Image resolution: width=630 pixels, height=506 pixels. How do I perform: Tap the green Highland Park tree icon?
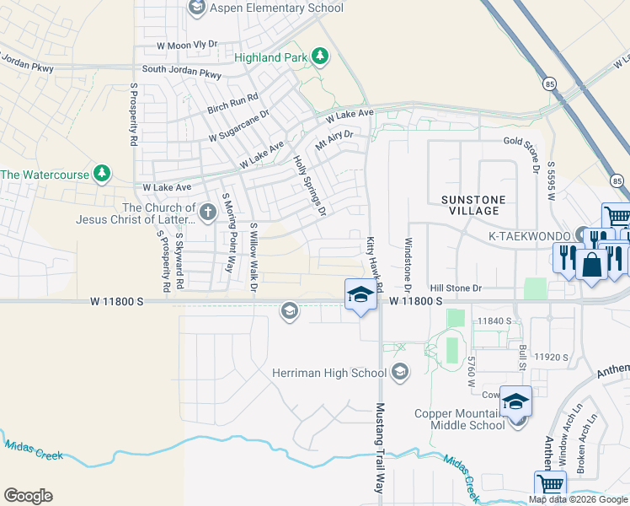320,57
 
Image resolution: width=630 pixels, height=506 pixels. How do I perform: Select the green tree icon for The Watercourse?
102,174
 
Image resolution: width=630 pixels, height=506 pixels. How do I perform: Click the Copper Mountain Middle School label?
460,419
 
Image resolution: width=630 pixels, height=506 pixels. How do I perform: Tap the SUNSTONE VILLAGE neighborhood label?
474,206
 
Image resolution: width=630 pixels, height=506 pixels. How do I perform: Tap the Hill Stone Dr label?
455,288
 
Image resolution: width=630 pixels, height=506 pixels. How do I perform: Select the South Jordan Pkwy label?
182,71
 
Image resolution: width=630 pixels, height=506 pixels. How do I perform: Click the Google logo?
28,496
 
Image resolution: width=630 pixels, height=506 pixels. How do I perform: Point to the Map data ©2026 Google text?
577,499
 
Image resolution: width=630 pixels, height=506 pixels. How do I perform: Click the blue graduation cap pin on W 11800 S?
360,296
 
